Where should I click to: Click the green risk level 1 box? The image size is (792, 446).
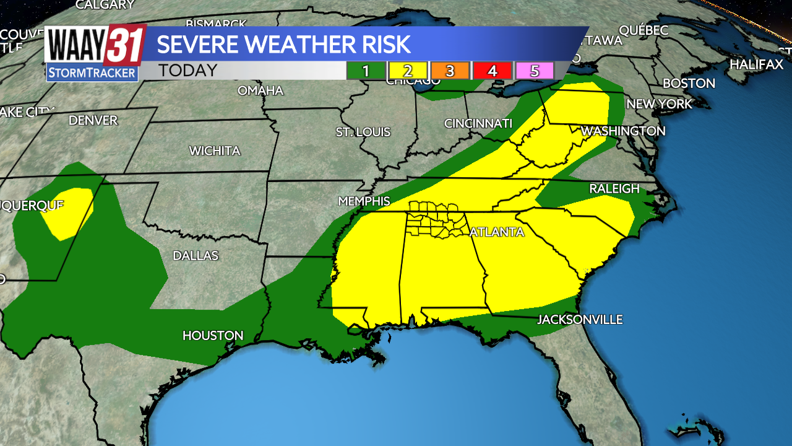coord(366,71)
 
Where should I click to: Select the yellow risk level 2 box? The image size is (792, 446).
coord(408,71)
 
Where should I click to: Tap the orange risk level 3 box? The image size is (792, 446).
coord(450,71)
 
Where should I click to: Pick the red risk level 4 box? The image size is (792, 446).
coord(492,71)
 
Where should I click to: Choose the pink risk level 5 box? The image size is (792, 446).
coord(534,71)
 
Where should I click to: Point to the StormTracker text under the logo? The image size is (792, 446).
coord(92,73)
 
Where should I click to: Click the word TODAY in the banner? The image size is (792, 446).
coord(187,71)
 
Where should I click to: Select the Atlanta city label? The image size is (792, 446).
coord(497,232)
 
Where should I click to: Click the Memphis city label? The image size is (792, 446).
coord(364,201)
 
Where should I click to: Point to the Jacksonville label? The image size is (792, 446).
coord(579,320)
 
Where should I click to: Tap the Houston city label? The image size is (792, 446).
coord(213,336)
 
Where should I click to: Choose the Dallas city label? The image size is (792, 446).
coord(196,256)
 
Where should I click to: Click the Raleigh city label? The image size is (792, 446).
coord(614,189)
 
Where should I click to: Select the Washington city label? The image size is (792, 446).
coord(622,131)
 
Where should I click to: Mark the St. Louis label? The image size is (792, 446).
coord(363,132)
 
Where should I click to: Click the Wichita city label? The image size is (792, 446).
coord(215,151)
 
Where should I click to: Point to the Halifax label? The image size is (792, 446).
coord(756,64)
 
